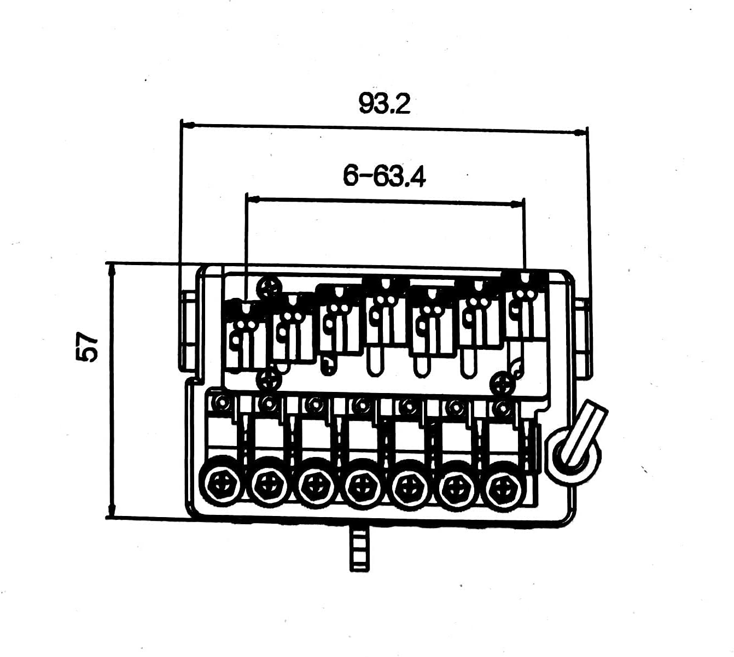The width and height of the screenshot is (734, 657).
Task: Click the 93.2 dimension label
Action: tap(385, 103)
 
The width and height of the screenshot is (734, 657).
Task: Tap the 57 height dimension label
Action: tap(87, 347)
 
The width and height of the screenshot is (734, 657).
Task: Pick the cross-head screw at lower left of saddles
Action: tap(269, 380)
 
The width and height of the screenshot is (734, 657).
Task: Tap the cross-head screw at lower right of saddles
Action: tap(503, 383)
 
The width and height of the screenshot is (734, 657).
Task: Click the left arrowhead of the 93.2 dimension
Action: tap(188, 125)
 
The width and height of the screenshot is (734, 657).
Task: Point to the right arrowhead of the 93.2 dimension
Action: tap(580, 133)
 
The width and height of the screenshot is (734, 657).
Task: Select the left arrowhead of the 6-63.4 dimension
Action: tap(253, 199)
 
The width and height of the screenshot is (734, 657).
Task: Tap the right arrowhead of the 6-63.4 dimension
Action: tap(516, 204)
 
